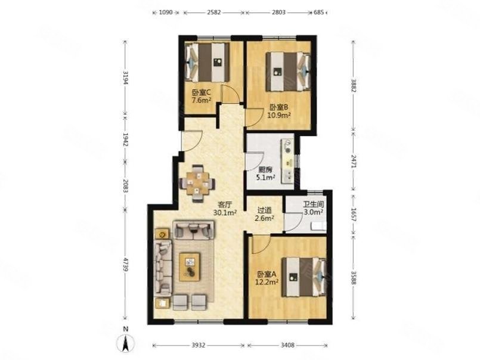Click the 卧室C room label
tap(201, 92)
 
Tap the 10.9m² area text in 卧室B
tap(279, 115)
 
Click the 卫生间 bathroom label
tap(314, 204)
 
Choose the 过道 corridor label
tap(265, 210)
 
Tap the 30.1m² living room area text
tap(225, 212)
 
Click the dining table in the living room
tap(197, 184)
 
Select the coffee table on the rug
tap(190, 266)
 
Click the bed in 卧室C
tap(208, 62)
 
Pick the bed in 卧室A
tap(304, 277)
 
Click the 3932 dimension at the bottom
tap(199, 345)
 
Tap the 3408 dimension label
tap(287, 345)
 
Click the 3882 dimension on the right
tap(354, 86)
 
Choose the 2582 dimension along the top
tap(213, 13)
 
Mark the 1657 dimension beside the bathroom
tap(354, 215)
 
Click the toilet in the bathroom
tap(318, 226)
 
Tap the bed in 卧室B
tap(289, 72)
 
